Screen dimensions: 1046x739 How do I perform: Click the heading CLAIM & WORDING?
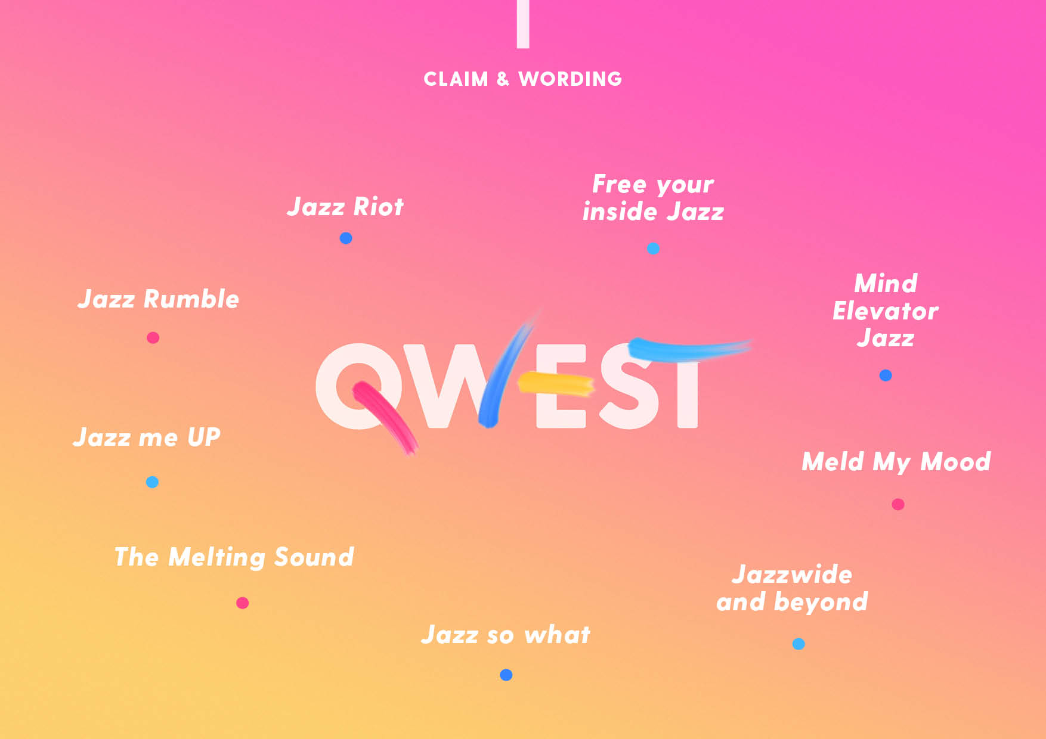(523, 79)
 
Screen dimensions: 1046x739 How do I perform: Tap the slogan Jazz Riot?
(345, 207)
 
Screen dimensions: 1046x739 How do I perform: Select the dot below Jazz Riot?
(346, 238)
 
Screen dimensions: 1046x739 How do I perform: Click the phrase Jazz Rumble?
(158, 299)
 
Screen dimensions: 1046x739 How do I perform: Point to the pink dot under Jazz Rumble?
(153, 338)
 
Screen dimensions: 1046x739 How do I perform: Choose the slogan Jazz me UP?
(147, 437)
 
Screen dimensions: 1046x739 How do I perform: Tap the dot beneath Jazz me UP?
(152, 482)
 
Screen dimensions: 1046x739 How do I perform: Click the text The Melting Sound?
(234, 557)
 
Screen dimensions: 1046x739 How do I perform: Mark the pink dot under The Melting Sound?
(242, 603)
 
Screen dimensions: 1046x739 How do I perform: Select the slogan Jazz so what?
(506, 635)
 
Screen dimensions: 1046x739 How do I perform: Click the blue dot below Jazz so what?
(506, 675)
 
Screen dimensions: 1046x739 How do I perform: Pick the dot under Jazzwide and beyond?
(799, 644)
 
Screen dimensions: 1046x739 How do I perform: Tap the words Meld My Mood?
(896, 462)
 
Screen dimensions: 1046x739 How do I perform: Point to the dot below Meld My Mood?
(898, 505)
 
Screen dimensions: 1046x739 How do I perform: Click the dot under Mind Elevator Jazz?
(886, 375)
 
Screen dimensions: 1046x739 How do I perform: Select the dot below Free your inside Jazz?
(653, 249)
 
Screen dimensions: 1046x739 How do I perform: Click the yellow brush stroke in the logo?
(556, 383)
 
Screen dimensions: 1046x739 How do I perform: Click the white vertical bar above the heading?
(523, 24)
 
